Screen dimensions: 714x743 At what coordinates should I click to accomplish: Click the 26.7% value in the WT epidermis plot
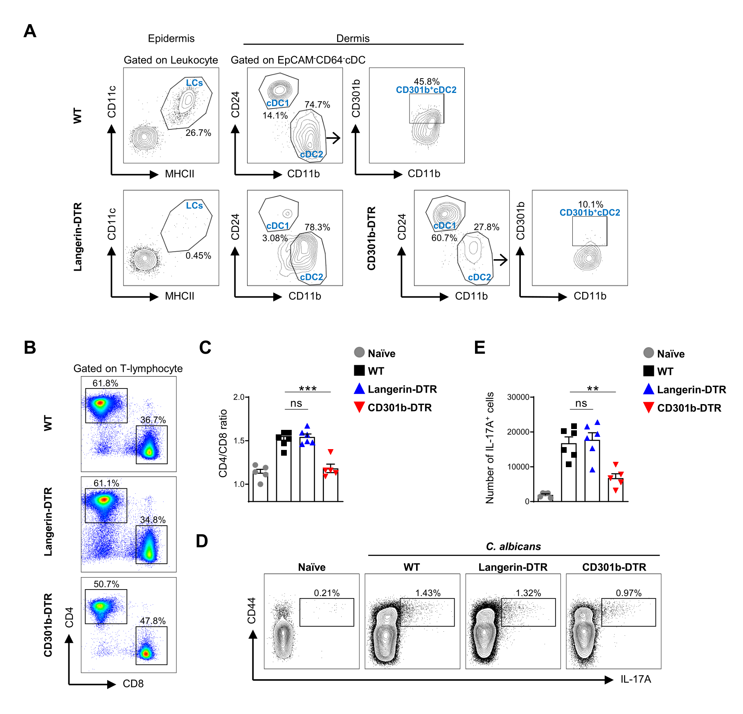[198, 133]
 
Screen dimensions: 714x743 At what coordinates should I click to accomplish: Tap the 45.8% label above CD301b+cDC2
[426, 82]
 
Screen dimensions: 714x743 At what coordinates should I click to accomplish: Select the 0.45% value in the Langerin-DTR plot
[198, 256]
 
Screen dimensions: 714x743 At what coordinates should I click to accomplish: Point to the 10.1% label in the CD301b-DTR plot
[590, 204]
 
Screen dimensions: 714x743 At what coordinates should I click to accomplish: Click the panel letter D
[202, 541]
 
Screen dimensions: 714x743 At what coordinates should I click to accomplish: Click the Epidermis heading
[171, 38]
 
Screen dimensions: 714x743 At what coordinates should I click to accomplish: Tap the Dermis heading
[353, 38]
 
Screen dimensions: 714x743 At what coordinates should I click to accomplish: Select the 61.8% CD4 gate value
[105, 383]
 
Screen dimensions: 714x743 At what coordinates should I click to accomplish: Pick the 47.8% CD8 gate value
[153, 621]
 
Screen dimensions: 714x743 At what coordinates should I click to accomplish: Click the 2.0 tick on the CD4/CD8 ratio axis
[239, 397]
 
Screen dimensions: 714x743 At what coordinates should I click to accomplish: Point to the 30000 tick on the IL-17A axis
[518, 397]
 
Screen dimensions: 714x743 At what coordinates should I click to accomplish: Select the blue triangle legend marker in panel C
[359, 389]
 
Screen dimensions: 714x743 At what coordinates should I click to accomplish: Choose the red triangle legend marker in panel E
[648, 408]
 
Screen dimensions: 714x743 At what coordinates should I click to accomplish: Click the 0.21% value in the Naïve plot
[326, 593]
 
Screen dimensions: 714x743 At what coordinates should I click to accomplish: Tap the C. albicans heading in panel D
[513, 547]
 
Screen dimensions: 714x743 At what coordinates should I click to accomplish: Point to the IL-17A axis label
[635, 680]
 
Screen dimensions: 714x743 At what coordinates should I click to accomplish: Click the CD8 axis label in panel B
[133, 684]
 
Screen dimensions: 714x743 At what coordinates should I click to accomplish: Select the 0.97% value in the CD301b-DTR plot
[628, 593]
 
